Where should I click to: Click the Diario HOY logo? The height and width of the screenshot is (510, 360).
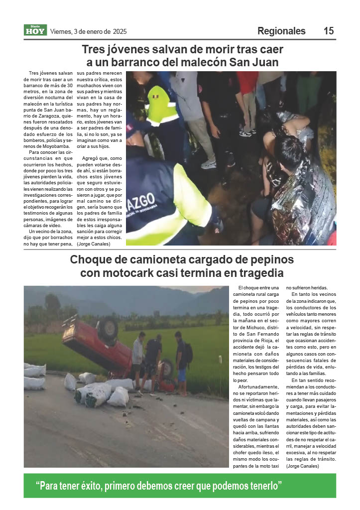(x=35, y=30)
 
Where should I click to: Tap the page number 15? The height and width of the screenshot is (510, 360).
(x=329, y=31)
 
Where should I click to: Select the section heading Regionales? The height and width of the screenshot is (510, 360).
(x=281, y=31)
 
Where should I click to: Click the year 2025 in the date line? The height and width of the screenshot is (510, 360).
(x=120, y=31)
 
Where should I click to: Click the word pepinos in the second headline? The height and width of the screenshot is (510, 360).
(x=271, y=259)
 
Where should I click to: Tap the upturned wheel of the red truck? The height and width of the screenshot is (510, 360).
(x=108, y=329)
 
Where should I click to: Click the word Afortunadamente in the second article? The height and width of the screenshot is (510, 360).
(x=257, y=386)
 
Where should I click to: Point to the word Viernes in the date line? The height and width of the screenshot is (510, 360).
(x=61, y=31)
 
